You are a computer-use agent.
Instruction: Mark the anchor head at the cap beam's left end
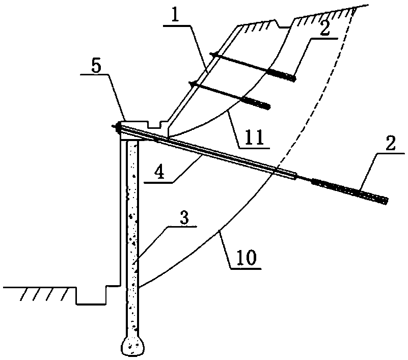click(115, 128)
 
